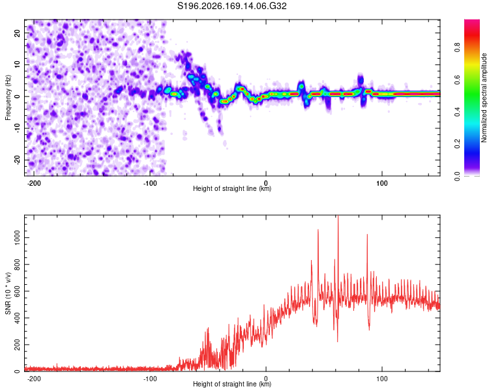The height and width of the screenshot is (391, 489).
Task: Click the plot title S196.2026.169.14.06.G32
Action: [x=231, y=6]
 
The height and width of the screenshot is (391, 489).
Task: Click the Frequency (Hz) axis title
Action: [x=8, y=98]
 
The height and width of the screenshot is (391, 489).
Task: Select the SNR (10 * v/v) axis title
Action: [x=8, y=293]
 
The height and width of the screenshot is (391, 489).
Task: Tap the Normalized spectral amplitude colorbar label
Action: [x=484, y=98]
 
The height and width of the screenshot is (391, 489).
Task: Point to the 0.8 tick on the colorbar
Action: [x=457, y=48]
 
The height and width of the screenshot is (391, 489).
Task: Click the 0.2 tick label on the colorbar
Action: [x=457, y=144]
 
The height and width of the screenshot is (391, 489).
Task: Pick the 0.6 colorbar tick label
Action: [x=457, y=80]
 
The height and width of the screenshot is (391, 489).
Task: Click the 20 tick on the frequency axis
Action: [x=17, y=33]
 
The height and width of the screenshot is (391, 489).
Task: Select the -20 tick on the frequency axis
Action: [x=17, y=160]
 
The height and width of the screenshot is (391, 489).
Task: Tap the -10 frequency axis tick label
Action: [x=17, y=128]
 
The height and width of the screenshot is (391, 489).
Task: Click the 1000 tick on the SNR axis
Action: [x=17, y=238]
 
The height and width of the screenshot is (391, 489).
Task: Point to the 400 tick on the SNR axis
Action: [x=17, y=318]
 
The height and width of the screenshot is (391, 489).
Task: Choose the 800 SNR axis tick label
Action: [x=17, y=265]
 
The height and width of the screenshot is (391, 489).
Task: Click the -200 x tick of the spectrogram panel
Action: [x=34, y=183]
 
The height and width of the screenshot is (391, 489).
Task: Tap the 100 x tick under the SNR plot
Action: [x=381, y=379]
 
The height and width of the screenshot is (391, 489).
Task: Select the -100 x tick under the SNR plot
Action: [x=150, y=379]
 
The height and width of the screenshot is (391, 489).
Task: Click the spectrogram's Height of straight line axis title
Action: [x=232, y=188]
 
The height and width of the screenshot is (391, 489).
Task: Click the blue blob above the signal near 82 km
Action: [x=361, y=80]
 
